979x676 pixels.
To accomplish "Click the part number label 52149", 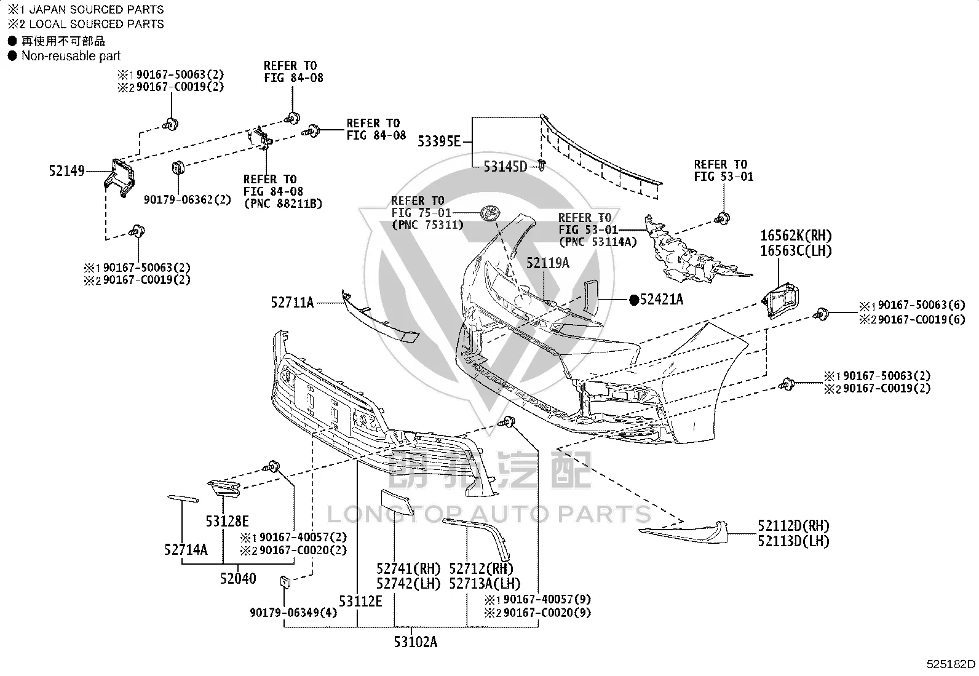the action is coord(66,170).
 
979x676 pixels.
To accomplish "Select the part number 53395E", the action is coord(439,141).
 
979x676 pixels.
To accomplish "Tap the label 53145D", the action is coord(505,167).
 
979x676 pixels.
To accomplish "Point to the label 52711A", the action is coord(292,302).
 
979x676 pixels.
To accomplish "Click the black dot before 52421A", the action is coord(634,300).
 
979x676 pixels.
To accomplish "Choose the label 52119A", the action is coord(548,263).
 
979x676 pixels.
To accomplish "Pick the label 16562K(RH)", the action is coord(796,236).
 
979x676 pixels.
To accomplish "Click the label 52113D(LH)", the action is coord(793,541).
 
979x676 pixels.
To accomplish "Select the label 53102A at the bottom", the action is coord(415,642).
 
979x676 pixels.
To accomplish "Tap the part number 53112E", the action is coord(360,602).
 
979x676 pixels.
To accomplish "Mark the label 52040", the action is coord(238,578).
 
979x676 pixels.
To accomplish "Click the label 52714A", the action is coord(186,550).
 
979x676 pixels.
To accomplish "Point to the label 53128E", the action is coord(228,521).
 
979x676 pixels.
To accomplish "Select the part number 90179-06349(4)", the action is coord(293,613).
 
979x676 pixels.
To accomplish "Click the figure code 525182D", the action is coord(951,664).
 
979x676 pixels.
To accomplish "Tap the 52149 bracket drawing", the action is coord(119,178).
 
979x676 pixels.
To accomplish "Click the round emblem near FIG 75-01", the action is coord(490,213).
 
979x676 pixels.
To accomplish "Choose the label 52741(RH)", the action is coord(408,569).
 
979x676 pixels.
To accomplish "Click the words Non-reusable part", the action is coord(71,56).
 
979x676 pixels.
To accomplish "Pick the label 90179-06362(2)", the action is coord(188,199).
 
